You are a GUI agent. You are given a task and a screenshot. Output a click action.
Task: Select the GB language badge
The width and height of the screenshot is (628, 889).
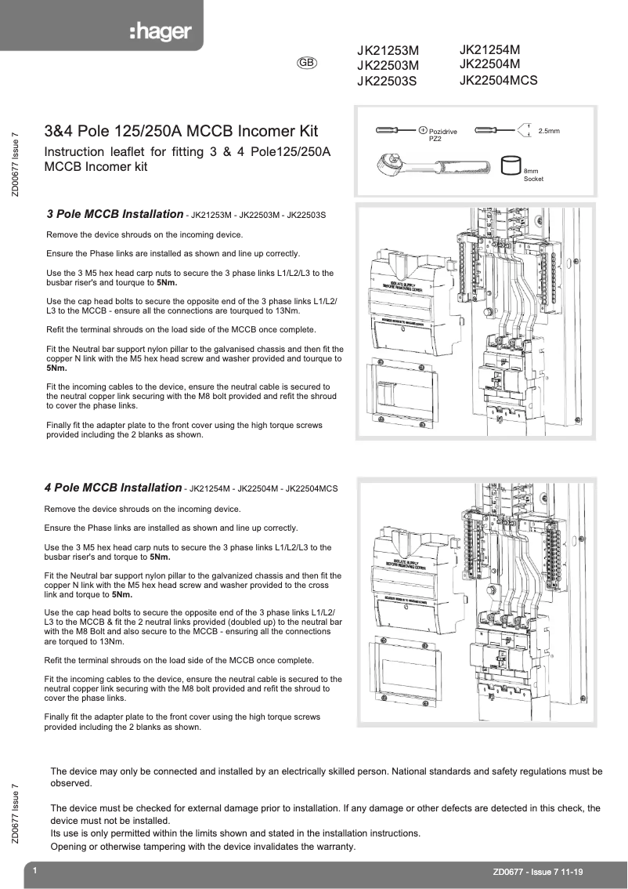(307, 62)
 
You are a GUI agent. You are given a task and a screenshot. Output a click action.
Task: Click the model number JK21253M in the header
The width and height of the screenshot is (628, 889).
(388, 51)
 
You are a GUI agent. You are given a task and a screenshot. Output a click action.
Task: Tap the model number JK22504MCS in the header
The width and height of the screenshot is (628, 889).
(498, 79)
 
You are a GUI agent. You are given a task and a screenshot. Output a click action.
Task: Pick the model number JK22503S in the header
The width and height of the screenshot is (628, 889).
(387, 80)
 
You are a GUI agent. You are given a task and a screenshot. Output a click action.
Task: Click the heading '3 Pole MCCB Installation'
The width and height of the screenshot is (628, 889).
(114, 214)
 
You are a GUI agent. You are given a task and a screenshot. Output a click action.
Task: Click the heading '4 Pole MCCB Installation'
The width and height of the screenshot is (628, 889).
(113, 488)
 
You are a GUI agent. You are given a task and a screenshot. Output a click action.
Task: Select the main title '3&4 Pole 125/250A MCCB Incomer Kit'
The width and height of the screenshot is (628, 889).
(181, 132)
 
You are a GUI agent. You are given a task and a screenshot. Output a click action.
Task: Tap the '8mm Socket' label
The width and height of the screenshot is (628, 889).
(532, 175)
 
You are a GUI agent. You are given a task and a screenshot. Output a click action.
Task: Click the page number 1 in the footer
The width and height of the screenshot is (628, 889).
(34, 871)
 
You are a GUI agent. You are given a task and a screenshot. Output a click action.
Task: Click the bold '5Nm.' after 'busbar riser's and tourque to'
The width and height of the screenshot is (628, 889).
(165, 283)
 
